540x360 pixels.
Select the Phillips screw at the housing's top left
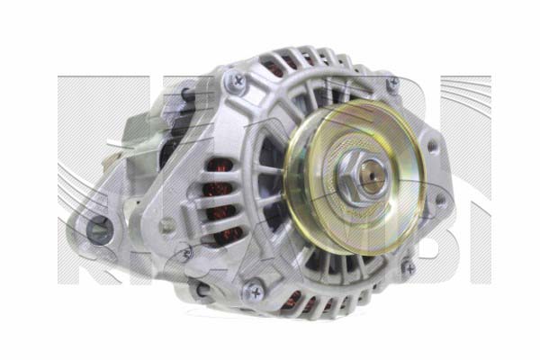[238, 80]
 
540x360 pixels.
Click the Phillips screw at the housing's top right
[393, 85]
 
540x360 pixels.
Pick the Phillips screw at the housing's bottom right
[408, 267]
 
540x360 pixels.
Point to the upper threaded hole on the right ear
[434, 145]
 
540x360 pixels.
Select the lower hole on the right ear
[440, 200]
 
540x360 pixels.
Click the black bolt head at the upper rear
[185, 94]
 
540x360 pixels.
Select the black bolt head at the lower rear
[202, 291]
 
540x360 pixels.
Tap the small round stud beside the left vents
[166, 225]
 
